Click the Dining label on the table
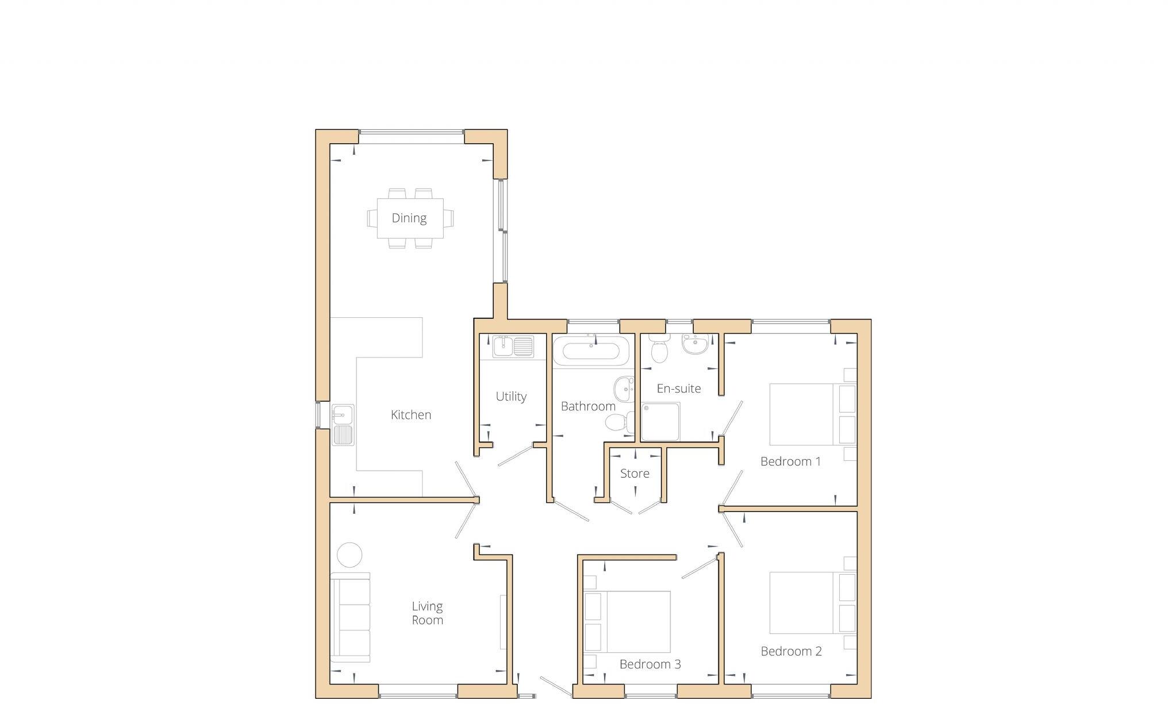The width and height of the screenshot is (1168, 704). pyautogui.click(x=409, y=218)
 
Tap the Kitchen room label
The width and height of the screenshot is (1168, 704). pyautogui.click(x=410, y=415)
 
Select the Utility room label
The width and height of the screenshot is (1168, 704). pyautogui.click(x=511, y=397)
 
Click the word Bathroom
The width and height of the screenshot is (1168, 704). pyautogui.click(x=587, y=406)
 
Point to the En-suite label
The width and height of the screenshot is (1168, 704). pyautogui.click(x=678, y=388)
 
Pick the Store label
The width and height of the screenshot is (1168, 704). pyautogui.click(x=635, y=474)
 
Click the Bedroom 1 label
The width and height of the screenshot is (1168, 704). pyautogui.click(x=790, y=461)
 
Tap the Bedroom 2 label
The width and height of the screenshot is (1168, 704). pyautogui.click(x=791, y=651)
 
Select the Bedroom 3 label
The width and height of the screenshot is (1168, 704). pyautogui.click(x=650, y=664)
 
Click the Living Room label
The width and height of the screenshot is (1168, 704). pyautogui.click(x=427, y=613)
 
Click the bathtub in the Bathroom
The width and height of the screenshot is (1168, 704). pyautogui.click(x=591, y=351)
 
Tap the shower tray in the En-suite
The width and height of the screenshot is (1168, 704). pyautogui.click(x=660, y=421)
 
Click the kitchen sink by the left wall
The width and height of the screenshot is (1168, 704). pyautogui.click(x=343, y=425)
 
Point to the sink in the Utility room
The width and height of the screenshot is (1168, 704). pyautogui.click(x=512, y=347)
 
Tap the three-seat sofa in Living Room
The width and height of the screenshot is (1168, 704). pyautogui.click(x=350, y=617)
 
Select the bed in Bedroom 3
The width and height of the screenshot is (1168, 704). pyautogui.click(x=627, y=621)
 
